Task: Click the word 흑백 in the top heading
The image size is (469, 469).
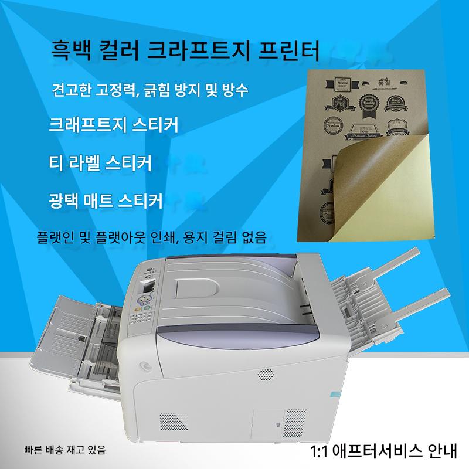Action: pyautogui.click(x=71, y=51)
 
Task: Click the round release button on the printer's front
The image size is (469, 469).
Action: pyautogui.click(x=141, y=365)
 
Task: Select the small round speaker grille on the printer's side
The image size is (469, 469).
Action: pyautogui.click(x=267, y=375)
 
